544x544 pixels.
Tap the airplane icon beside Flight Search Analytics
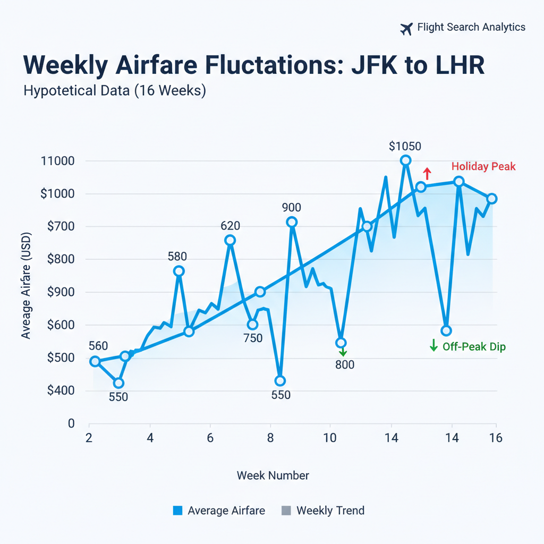406,29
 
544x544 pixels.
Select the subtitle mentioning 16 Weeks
115,91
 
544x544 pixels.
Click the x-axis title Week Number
273,475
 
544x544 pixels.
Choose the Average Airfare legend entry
219,511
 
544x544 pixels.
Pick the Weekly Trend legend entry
324,511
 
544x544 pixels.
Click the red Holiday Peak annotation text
483,167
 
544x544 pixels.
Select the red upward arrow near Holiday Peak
426,173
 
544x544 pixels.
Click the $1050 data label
405,146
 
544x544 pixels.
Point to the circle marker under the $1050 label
406,160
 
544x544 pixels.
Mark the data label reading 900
292,208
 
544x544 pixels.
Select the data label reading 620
230,226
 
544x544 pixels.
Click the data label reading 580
177,257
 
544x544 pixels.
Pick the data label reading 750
253,338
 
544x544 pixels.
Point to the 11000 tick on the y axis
57,161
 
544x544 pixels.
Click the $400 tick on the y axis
61,391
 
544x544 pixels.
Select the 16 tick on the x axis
495,438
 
